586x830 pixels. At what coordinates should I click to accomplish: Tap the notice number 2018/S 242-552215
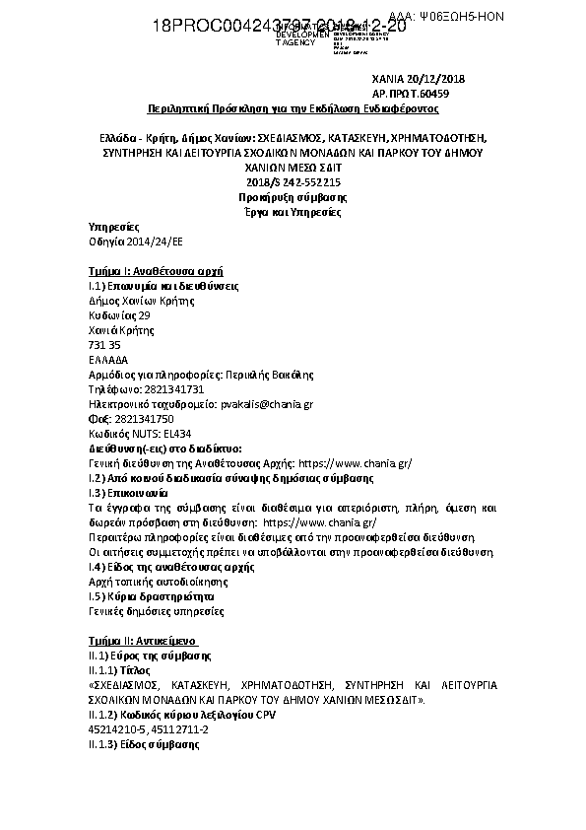[x=293, y=183]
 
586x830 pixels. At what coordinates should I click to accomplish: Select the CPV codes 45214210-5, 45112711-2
[x=148, y=728]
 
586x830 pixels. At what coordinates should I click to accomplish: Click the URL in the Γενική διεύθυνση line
[x=355, y=463]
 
